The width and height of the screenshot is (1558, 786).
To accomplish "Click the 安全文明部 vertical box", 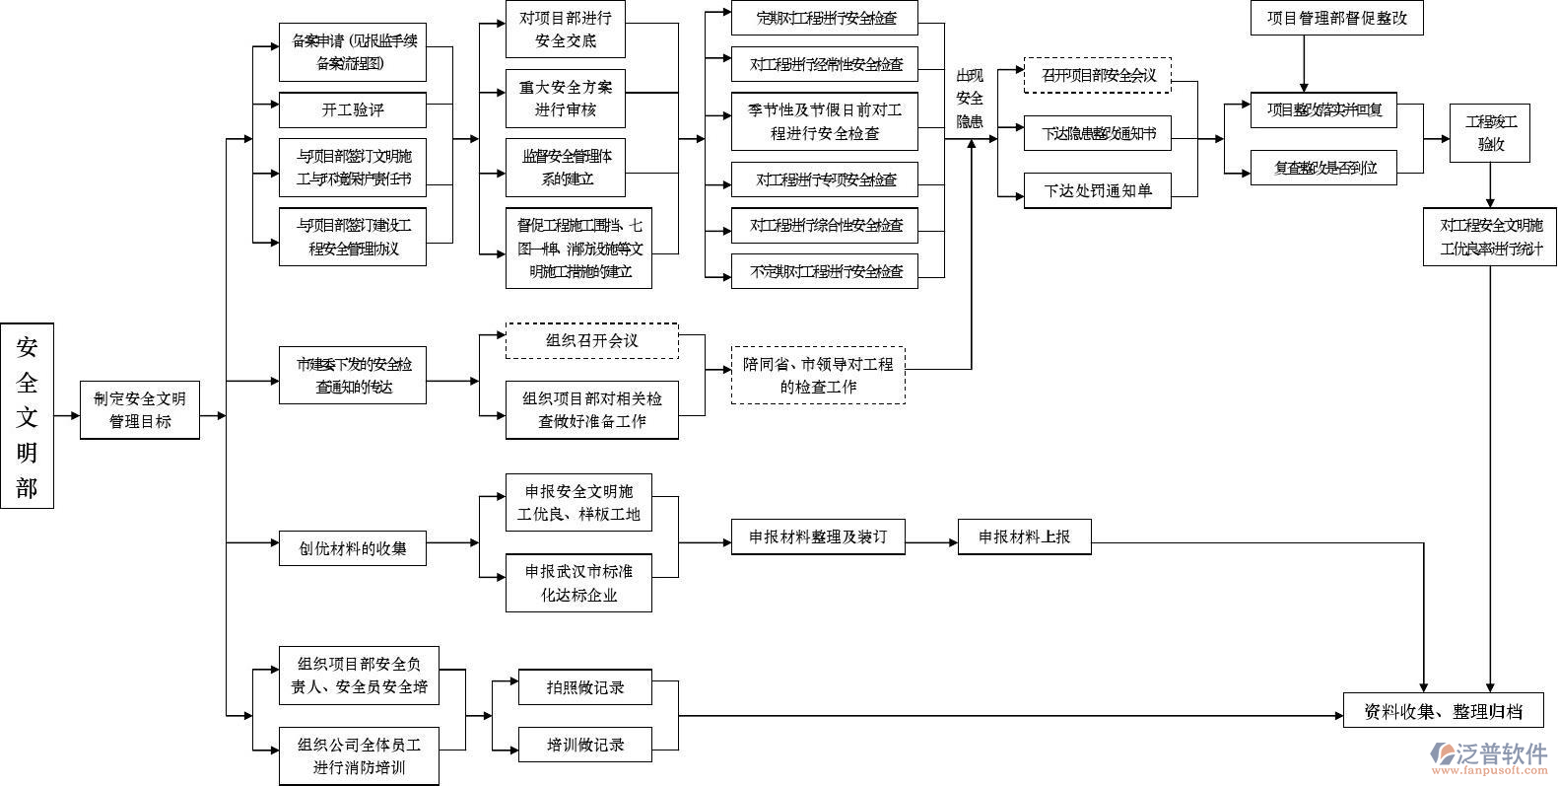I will point(27,415).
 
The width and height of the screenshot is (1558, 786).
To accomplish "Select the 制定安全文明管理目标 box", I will point(140,410).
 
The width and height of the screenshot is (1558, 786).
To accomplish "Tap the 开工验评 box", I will point(352,109).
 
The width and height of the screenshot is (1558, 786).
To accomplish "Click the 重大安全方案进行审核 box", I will point(565,98).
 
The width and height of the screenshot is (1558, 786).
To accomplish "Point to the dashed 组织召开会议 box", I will point(591,340).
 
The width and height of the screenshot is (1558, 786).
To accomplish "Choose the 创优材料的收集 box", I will point(352,547).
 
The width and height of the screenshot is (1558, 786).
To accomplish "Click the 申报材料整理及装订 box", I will point(818,537).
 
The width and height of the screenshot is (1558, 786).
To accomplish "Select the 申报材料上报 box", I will point(1024,537).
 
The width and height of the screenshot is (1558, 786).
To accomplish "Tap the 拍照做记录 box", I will point(584,686).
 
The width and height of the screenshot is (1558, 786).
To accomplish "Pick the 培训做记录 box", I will point(584,745).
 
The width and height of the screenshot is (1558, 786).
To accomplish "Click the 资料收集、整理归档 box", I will point(1443,711).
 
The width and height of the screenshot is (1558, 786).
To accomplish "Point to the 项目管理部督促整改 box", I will point(1336,18).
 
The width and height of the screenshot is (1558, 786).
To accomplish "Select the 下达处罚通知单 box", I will point(1097,190).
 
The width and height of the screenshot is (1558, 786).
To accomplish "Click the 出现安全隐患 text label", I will point(970,99).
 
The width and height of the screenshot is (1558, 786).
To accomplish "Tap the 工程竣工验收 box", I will point(1490,133).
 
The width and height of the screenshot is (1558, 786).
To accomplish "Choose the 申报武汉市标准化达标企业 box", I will point(578,583).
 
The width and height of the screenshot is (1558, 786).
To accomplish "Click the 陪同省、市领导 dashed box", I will point(818,375).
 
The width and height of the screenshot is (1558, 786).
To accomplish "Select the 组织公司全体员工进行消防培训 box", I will point(359,755).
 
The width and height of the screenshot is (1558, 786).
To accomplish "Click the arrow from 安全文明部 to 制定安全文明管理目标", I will point(66,415).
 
